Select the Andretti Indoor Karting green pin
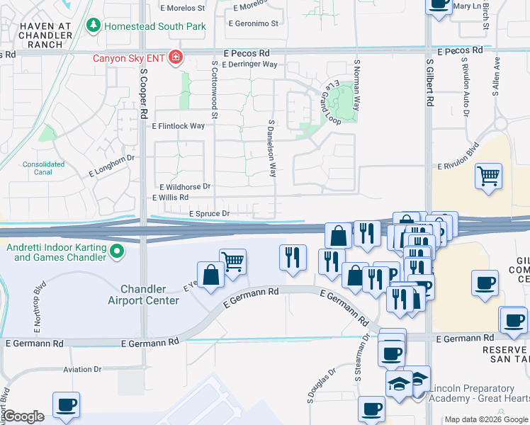[118, 251]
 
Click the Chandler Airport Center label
[143, 295]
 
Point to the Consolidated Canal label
[43, 168]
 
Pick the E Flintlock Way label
[179, 126]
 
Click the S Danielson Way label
[271, 147]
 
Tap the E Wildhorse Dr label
[181, 186]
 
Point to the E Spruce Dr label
[209, 213]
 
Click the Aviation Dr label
[82, 369]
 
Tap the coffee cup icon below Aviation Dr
[67, 404]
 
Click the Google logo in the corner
[23, 416]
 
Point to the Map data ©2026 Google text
[486, 419]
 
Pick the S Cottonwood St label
[213, 88]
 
